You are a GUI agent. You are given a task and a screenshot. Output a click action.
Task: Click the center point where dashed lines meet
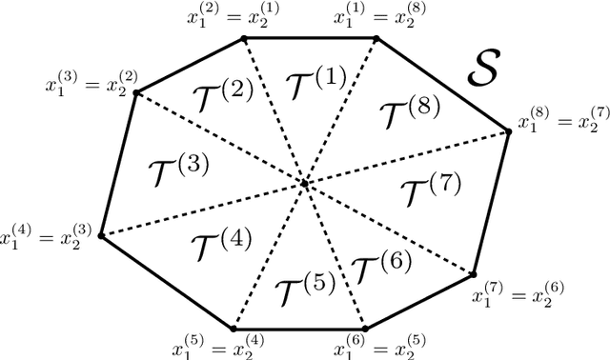pyautogui.click(x=305, y=183)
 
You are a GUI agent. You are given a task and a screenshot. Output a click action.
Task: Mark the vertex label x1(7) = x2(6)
pyautogui.click(x=516, y=293)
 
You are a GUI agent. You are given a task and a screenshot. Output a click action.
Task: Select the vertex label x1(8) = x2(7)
pyautogui.click(x=559, y=121)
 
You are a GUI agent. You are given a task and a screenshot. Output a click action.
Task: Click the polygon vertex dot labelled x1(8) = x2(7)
pyautogui.click(x=508, y=130)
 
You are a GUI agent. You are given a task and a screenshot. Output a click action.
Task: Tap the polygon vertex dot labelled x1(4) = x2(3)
pyautogui.click(x=100, y=235)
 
